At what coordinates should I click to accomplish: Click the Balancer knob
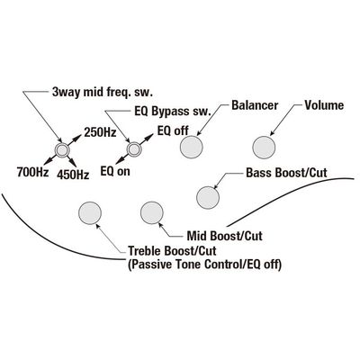coord(192,147)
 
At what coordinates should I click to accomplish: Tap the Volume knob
coord(264,147)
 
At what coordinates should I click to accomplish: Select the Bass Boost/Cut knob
coord(208,197)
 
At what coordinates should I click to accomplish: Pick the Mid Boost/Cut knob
coord(152,212)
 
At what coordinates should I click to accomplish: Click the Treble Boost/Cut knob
coord(90,213)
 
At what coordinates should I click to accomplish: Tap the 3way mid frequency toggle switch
coord(62,149)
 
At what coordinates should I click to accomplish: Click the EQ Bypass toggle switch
coord(133,149)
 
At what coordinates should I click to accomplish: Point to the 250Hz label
coord(100,132)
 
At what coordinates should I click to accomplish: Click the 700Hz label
coord(32,172)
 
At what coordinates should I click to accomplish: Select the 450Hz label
coord(73,175)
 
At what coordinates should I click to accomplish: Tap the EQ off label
coord(173,130)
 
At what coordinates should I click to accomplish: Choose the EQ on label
coord(115,171)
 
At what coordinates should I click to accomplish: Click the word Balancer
coord(255,105)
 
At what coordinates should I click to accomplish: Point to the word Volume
coord(324,105)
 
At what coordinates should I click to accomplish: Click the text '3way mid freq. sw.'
coord(103,93)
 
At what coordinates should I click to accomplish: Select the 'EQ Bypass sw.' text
coord(172,112)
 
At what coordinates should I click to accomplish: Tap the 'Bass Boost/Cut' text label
coord(286,173)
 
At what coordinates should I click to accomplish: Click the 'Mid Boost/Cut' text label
coord(225,236)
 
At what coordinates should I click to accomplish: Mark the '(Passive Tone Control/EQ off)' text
coord(205,265)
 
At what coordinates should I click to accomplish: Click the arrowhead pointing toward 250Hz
coord(77,138)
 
